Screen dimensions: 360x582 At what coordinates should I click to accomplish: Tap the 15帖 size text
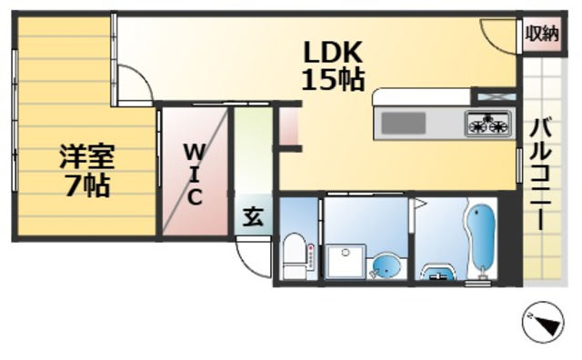click(x=333, y=81)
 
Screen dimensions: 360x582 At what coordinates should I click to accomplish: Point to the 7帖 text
click(x=87, y=186)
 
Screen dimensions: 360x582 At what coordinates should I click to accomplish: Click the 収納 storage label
click(x=541, y=34)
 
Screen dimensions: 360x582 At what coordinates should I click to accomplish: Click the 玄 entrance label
click(x=252, y=217)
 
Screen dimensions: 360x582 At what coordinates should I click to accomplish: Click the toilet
click(x=294, y=255)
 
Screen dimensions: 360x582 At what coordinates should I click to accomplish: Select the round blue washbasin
click(x=386, y=266)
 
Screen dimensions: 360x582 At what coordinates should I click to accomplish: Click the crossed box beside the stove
click(x=496, y=95)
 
